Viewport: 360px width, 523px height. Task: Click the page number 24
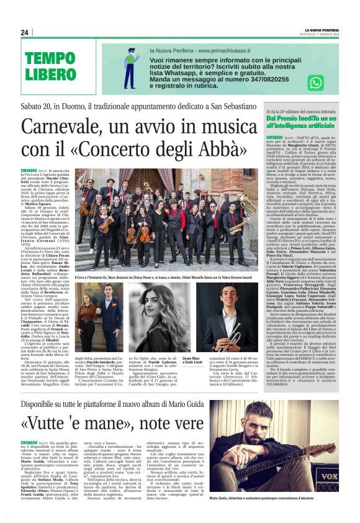click(25, 32)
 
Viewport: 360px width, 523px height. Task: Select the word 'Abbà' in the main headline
click(219, 149)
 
